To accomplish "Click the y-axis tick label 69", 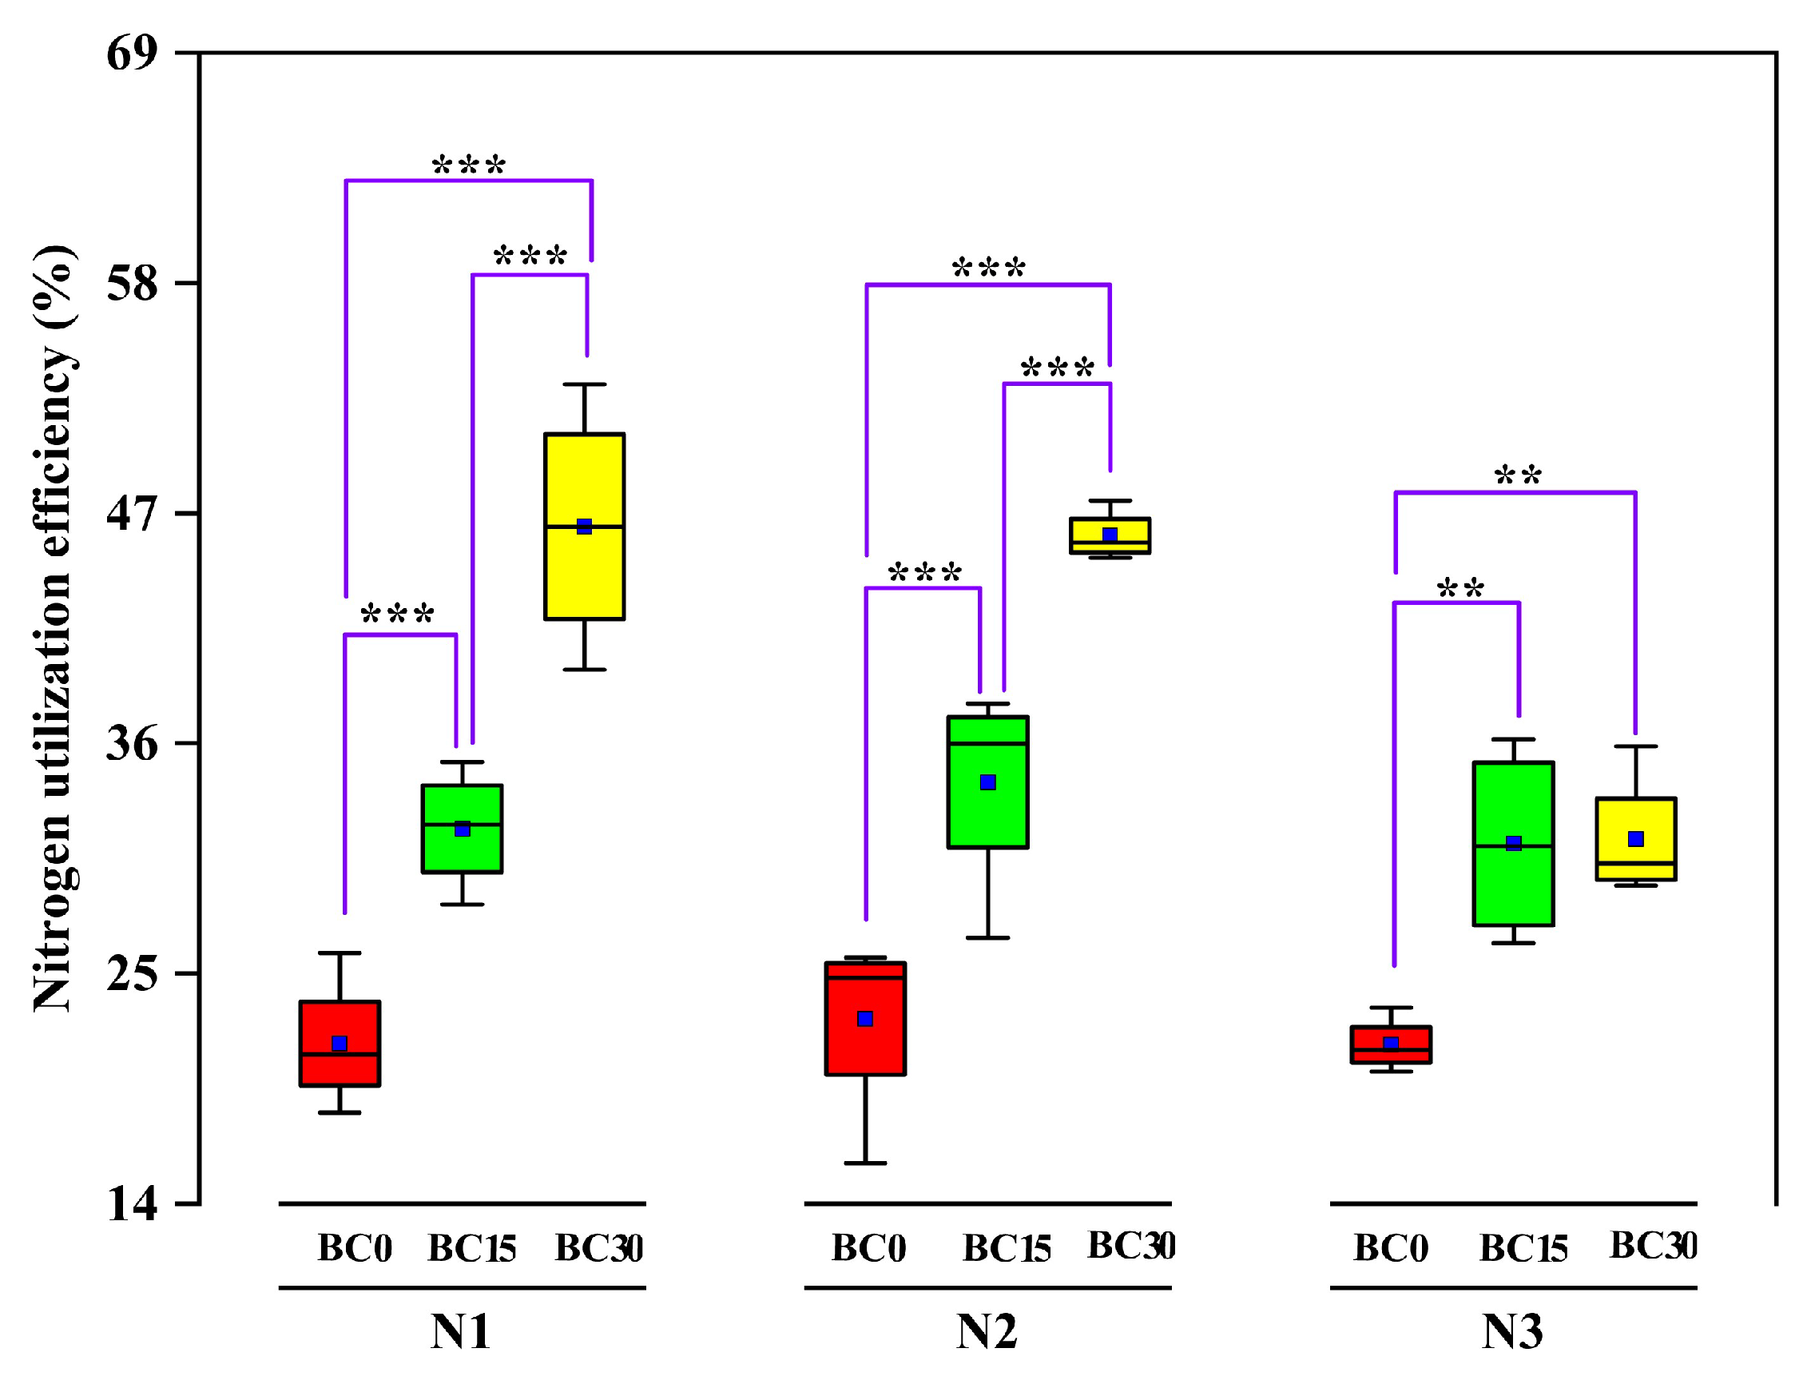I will tap(132, 54).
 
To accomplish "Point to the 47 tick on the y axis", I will tap(132, 515).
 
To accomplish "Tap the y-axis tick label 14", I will tap(132, 1205).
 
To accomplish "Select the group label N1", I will tap(461, 1332).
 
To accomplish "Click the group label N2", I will tap(986, 1332).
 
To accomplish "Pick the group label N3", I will tap(1512, 1332).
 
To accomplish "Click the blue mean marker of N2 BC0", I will tap(865, 1019).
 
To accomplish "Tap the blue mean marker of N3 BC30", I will tap(1635, 840).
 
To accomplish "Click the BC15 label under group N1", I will tap(471, 1249).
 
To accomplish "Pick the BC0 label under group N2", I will tap(868, 1249).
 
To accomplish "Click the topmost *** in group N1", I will tap(468, 165).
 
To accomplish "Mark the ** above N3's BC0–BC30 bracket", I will tap(1518, 476).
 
